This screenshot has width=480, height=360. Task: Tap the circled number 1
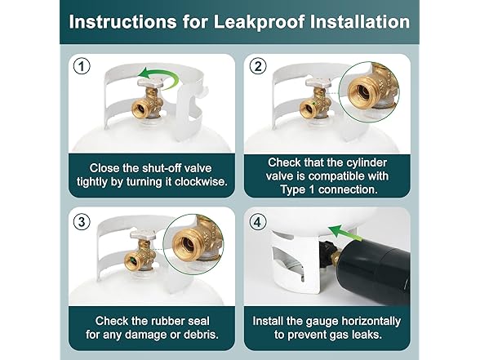[82, 66]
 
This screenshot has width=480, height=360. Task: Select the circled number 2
[258, 66]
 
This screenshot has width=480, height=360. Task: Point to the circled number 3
[82, 221]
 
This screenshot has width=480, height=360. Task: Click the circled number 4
[258, 221]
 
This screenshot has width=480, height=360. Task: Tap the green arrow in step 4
[343, 233]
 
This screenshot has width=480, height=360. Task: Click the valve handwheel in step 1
[149, 82]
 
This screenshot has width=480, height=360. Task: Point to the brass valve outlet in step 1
[141, 108]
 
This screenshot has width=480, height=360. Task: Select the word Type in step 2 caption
[293, 189]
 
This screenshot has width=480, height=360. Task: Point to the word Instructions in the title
[122, 22]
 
